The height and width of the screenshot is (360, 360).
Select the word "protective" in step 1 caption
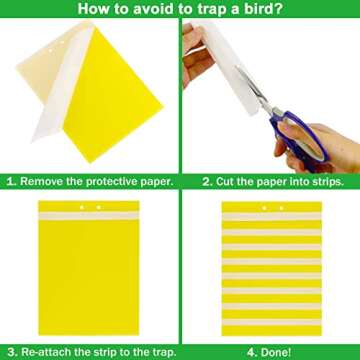click(115, 182)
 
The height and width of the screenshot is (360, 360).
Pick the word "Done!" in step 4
click(277, 352)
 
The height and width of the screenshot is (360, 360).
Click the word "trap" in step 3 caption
click(156, 352)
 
